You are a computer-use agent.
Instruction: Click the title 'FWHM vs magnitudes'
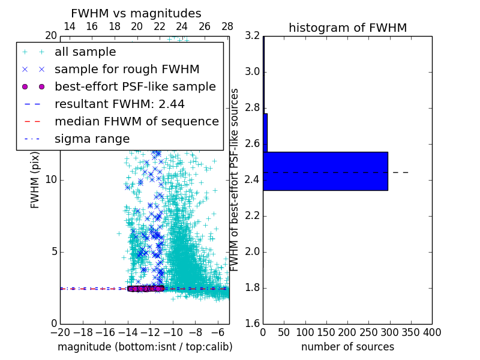pyautogui.click(x=136, y=13)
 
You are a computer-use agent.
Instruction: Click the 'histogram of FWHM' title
pyautogui.click(x=347, y=28)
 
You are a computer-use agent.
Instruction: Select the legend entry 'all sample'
pyautogui.click(x=85, y=52)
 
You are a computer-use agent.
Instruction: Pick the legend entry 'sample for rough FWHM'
pyautogui.click(x=127, y=70)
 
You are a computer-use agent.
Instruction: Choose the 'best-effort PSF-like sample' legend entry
pyautogui.click(x=135, y=87)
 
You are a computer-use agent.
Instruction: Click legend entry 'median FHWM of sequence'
pyautogui.click(x=136, y=121)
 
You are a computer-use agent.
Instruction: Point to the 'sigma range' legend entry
pyautogui.click(x=92, y=139)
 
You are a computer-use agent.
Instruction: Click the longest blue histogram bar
pyautogui.click(x=325, y=171)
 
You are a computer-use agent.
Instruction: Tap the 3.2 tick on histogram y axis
pyautogui.click(x=252, y=36)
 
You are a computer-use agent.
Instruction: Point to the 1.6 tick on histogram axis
pyautogui.click(x=252, y=324)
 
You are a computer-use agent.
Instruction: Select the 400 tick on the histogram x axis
pyautogui.click(x=432, y=332)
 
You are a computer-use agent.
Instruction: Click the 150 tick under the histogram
pyautogui.click(x=326, y=332)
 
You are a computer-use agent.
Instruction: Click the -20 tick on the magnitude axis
pyautogui.click(x=60, y=332)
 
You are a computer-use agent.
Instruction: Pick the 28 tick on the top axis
pyautogui.click(x=227, y=26)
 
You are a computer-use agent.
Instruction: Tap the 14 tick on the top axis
pyautogui.click(x=70, y=26)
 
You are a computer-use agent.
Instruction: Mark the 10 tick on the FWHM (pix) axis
pyautogui.click(x=50, y=180)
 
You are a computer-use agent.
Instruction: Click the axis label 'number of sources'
pyautogui.click(x=347, y=347)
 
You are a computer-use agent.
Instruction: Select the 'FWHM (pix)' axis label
pyautogui.click(x=35, y=179)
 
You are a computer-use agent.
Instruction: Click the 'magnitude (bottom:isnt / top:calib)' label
pyautogui.click(x=145, y=347)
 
